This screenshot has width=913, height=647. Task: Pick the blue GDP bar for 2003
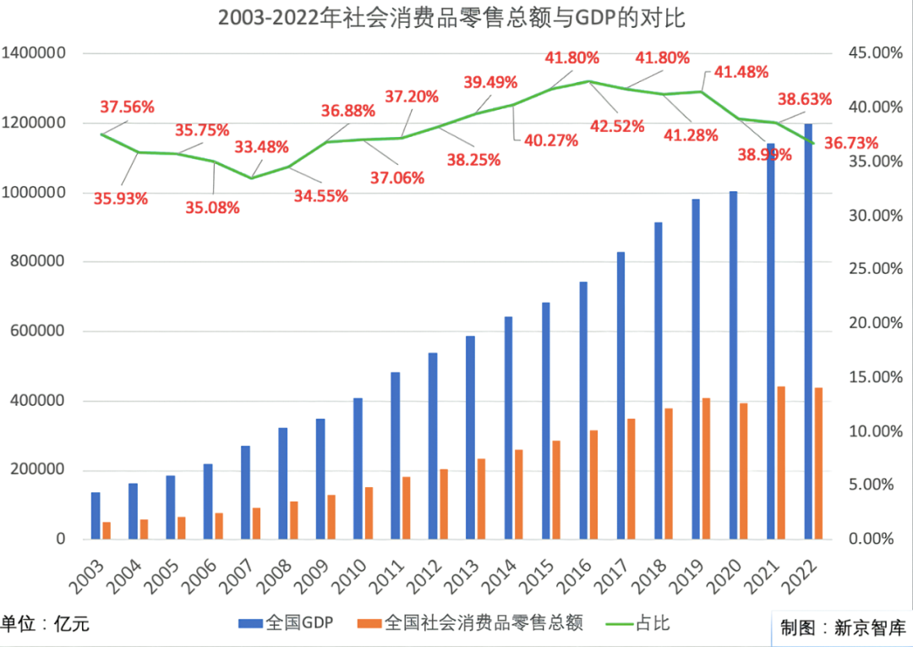(96, 515)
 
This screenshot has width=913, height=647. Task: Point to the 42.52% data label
(617, 127)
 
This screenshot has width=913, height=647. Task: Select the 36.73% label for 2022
(851, 142)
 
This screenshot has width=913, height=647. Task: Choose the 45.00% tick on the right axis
(874, 53)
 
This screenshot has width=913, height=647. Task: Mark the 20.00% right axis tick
(874, 323)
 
